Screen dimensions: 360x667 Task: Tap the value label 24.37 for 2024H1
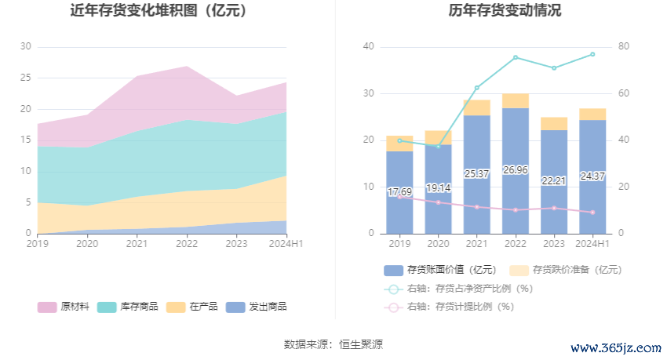592,176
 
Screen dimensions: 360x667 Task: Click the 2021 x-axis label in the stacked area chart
137,244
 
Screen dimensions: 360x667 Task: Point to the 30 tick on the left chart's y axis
26,47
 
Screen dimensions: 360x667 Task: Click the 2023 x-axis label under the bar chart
554,244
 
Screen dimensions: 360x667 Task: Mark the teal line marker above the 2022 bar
516,57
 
